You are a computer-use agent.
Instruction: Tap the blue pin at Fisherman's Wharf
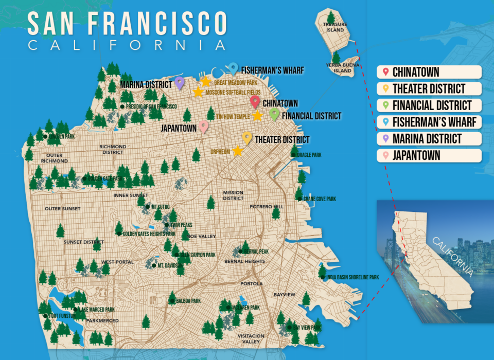pos(233,68)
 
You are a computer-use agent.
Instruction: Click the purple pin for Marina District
pos(179,82)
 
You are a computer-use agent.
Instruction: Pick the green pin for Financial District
pos(274,114)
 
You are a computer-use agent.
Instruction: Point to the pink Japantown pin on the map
pos(204,125)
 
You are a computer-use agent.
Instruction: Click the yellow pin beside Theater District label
pos(247,137)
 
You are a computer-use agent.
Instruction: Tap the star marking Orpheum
pos(237,151)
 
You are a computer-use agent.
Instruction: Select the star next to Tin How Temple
pos(257,116)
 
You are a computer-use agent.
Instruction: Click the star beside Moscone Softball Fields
pos(198,92)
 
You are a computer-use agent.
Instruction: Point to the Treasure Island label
pos(335,27)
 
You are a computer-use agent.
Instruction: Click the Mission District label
pos(233,195)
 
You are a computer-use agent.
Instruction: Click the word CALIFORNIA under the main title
pos(127,45)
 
